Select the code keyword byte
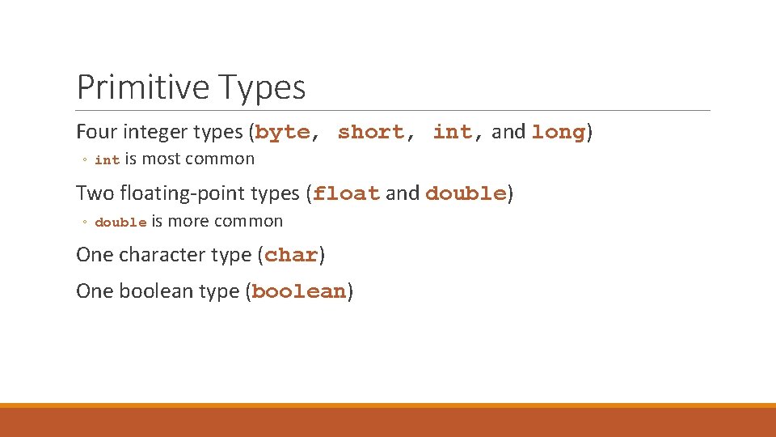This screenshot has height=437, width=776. [283, 132]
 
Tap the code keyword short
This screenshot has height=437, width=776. [371, 132]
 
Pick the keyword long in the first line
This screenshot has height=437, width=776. [558, 132]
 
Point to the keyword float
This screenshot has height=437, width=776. [347, 193]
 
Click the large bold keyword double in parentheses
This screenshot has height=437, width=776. [466, 193]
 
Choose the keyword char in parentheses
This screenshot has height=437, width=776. [291, 255]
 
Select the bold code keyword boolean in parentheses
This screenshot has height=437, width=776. [299, 292]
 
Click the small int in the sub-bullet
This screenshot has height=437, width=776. [107, 160]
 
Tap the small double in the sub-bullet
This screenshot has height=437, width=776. [120, 223]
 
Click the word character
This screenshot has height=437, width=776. [159, 255]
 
